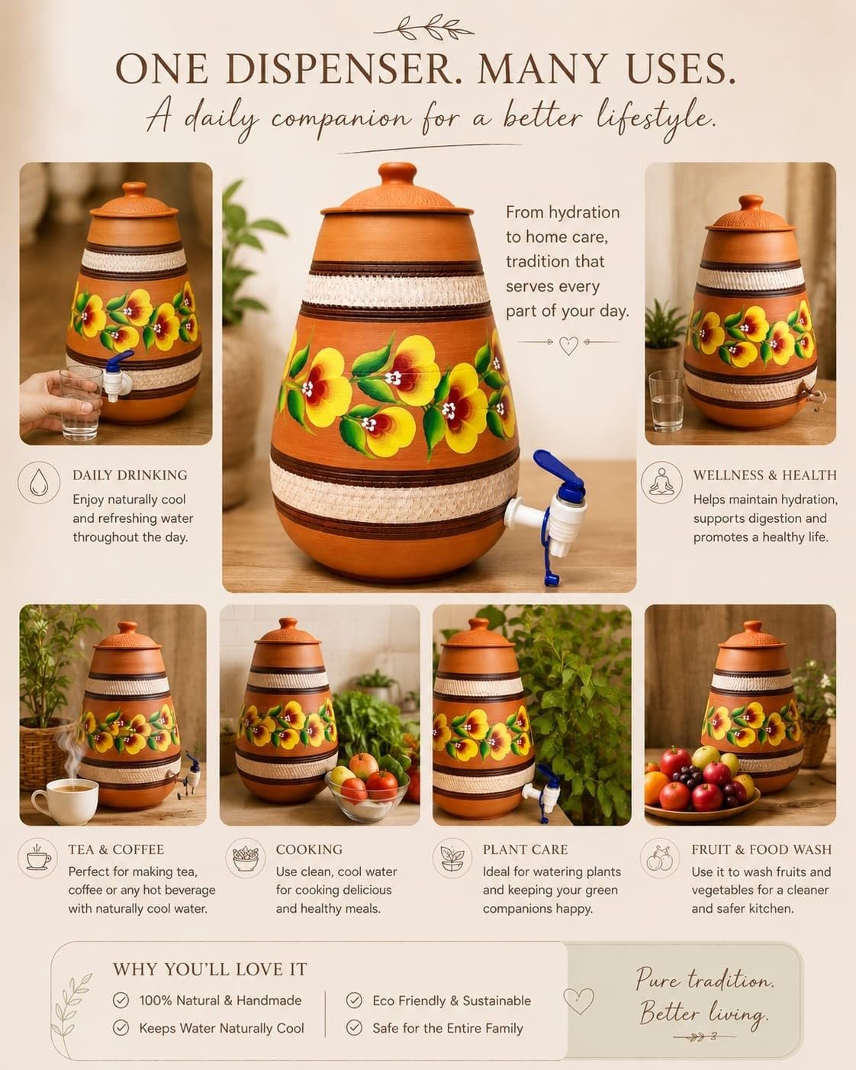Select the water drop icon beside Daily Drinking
(x=39, y=482)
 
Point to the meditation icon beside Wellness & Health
(x=661, y=482)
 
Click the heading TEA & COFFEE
(x=116, y=849)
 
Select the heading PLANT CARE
(x=525, y=849)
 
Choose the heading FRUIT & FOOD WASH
(x=761, y=849)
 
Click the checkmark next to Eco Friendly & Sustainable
(x=354, y=1000)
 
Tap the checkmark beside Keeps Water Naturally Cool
(x=121, y=1028)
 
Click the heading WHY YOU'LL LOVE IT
(x=210, y=969)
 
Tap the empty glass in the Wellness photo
(x=666, y=401)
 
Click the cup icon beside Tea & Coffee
(x=38, y=858)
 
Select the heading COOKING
(x=309, y=849)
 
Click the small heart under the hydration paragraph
(x=568, y=345)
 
